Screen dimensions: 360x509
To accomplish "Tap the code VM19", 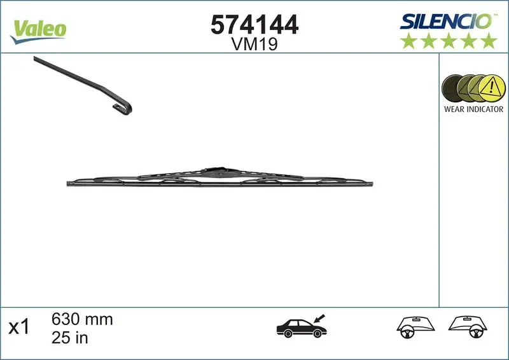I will (x=254, y=45).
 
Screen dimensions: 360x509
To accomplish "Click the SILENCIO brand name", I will (x=446, y=20).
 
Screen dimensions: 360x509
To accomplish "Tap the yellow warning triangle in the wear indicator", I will (x=489, y=87).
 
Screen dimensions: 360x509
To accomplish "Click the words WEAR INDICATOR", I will (x=473, y=109).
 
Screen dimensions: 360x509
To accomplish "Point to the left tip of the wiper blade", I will (x=69, y=184).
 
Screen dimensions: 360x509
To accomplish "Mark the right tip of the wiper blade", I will (x=372, y=184).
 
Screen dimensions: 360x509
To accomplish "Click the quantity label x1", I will (x=19, y=328).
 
